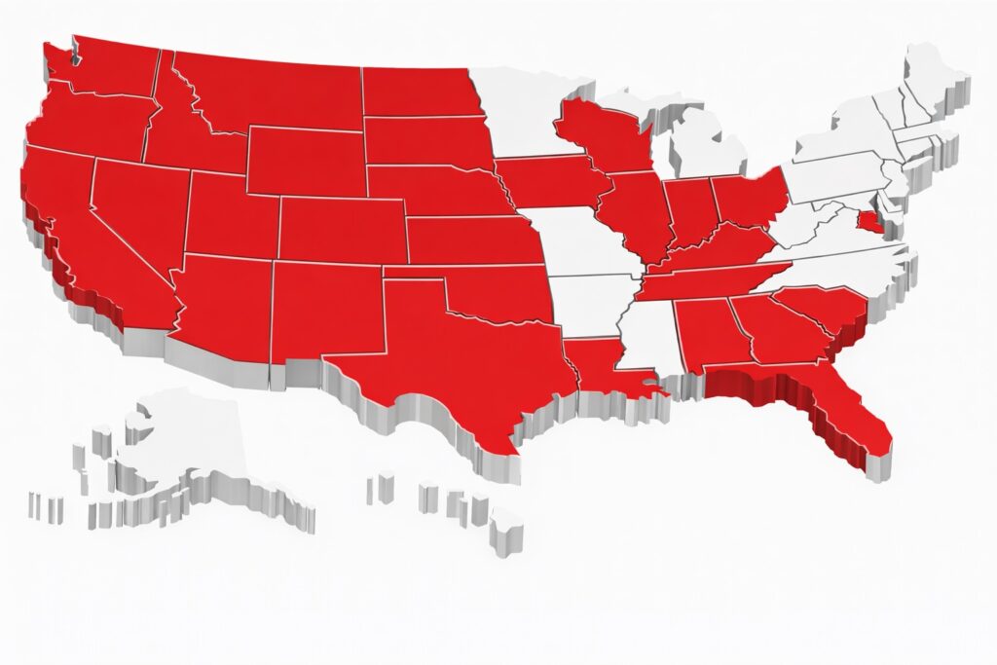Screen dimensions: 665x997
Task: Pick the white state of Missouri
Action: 574,243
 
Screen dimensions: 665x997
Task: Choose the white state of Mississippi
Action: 647,336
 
